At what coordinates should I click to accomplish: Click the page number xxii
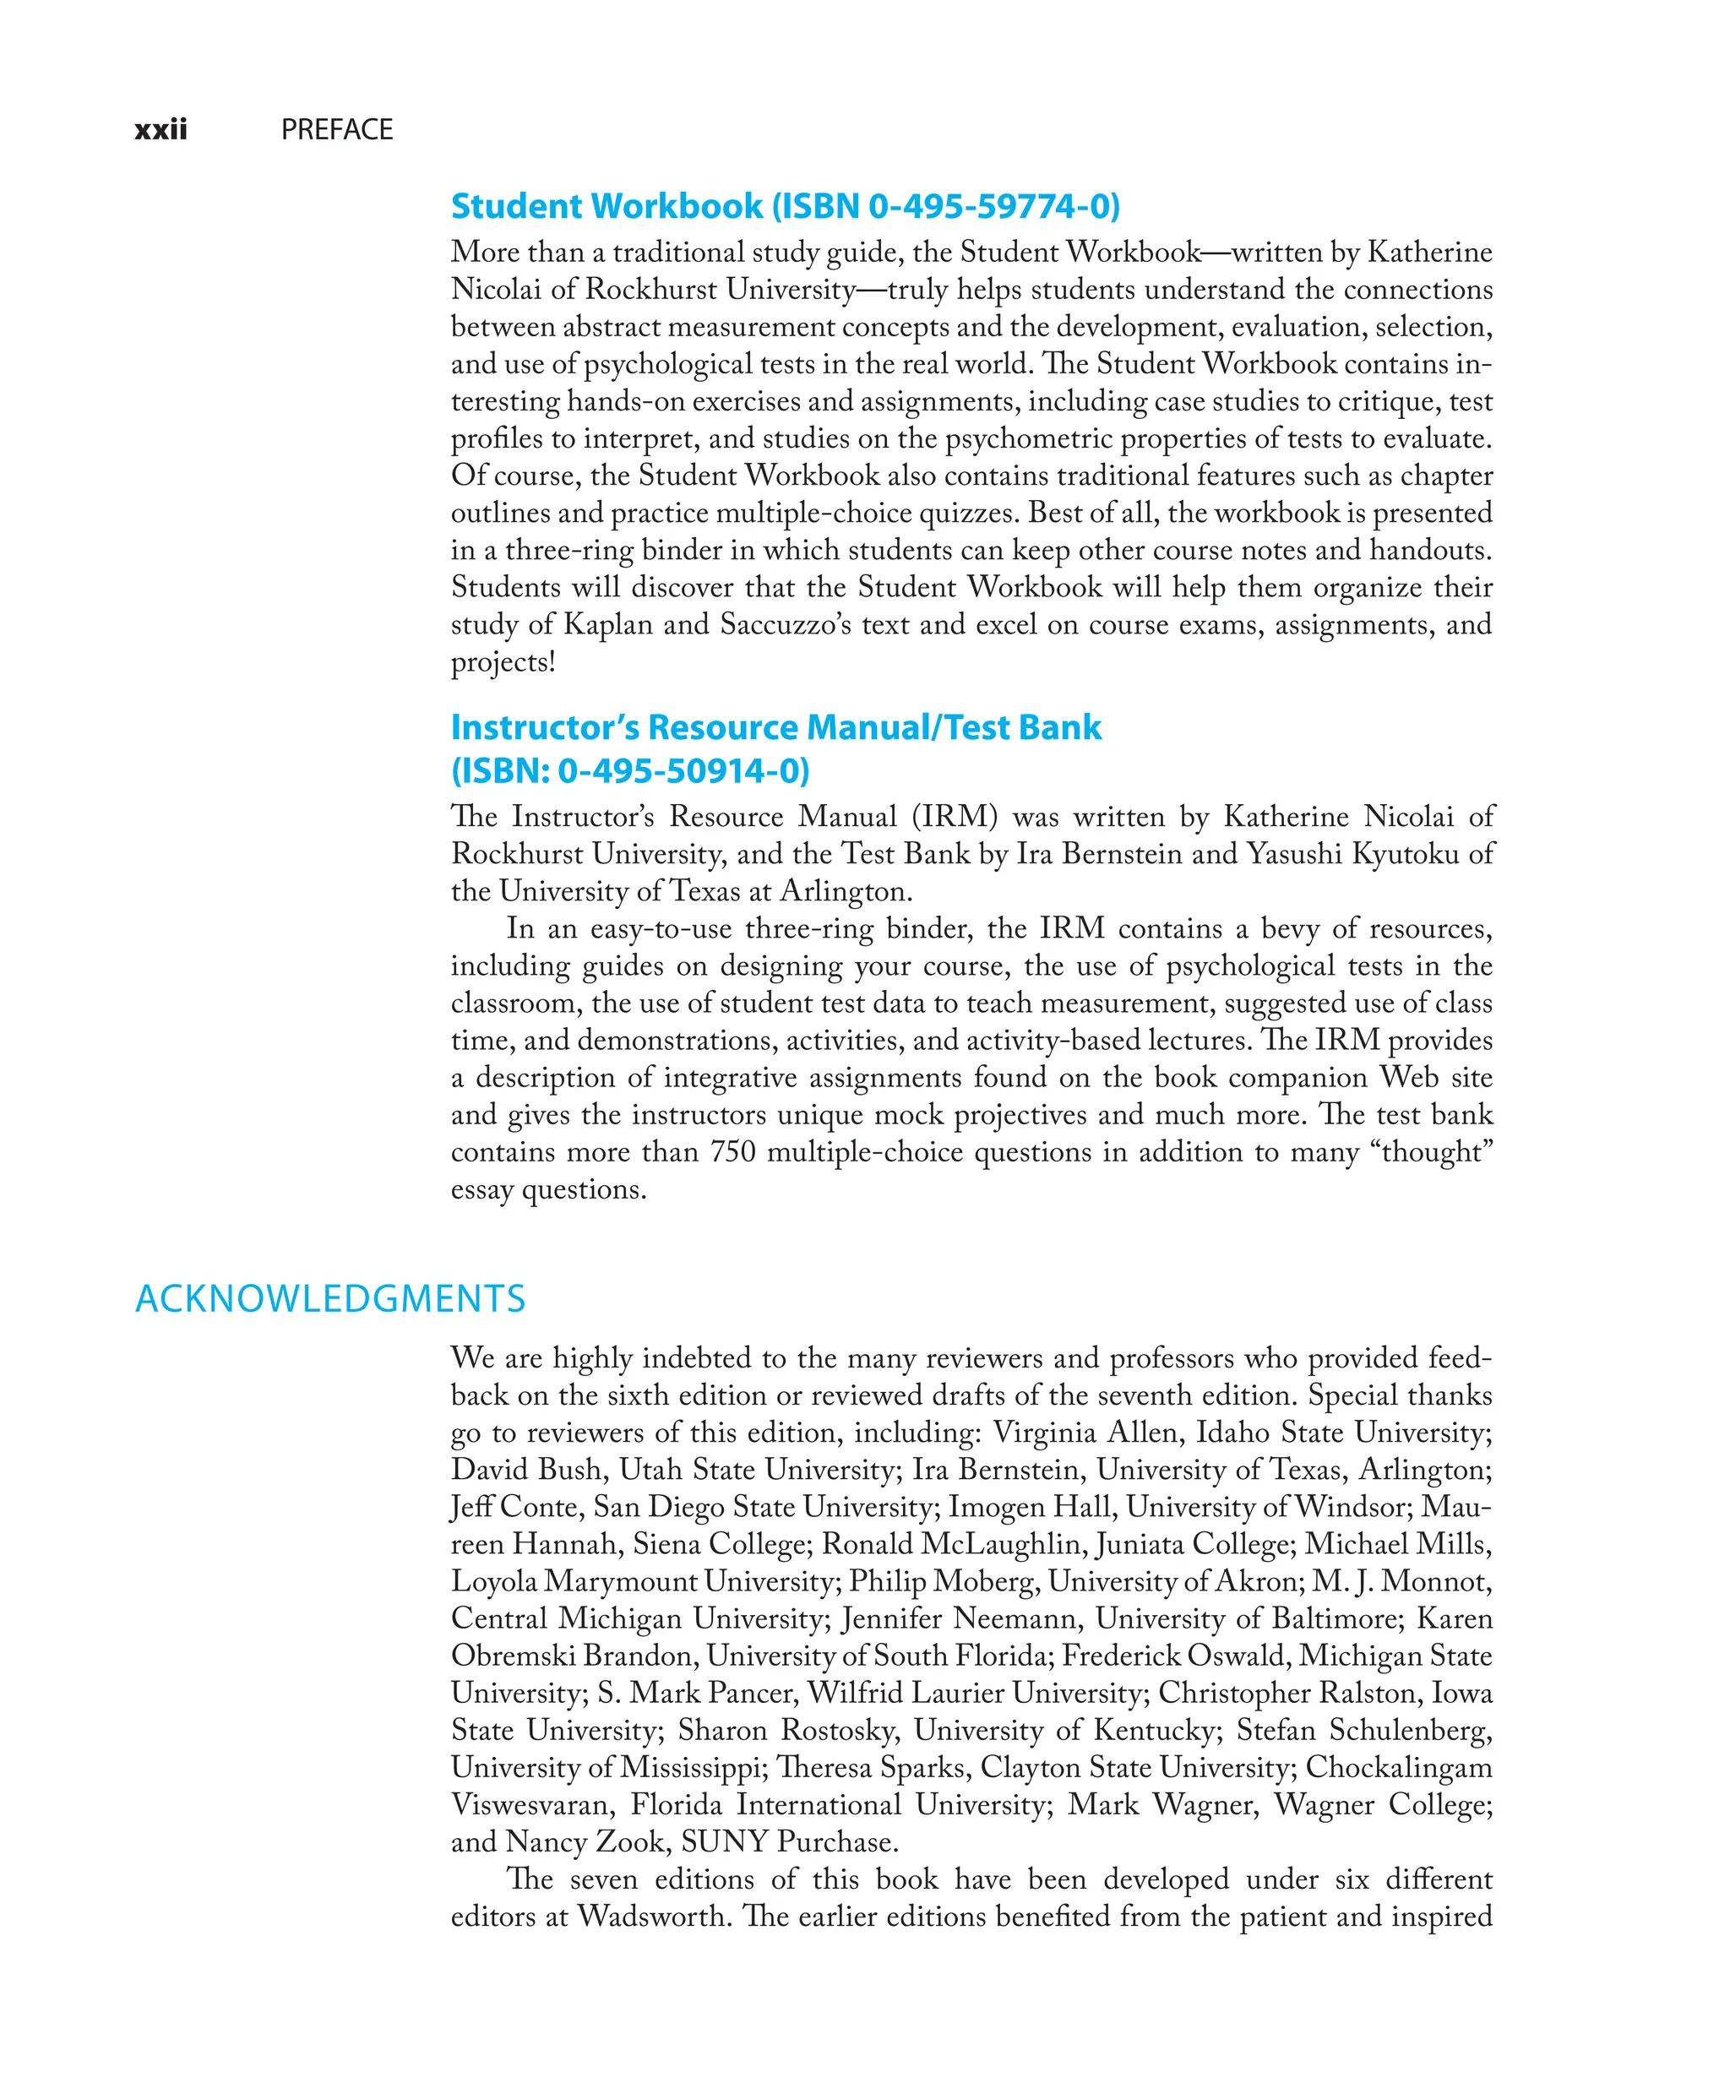160,129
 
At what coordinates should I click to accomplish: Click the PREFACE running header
337,129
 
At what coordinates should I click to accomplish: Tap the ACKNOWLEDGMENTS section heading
329,1299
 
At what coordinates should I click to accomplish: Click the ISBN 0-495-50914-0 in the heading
648,770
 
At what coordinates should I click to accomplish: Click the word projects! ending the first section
503,661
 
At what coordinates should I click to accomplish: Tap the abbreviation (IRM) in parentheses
954,817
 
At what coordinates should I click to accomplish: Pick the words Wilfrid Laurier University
974,1694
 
